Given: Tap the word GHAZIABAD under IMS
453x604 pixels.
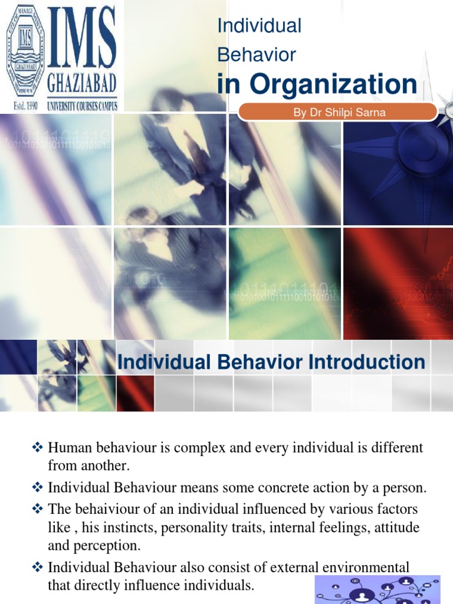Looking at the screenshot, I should [82, 80].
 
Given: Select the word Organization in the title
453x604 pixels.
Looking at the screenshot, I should [334, 84].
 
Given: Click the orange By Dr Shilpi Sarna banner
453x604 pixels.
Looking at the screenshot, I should [339, 113].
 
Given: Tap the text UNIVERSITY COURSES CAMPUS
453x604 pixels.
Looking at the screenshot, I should [82, 106].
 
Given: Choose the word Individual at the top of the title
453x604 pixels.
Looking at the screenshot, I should [260, 26].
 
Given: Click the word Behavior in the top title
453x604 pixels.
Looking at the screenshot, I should [257, 55].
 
